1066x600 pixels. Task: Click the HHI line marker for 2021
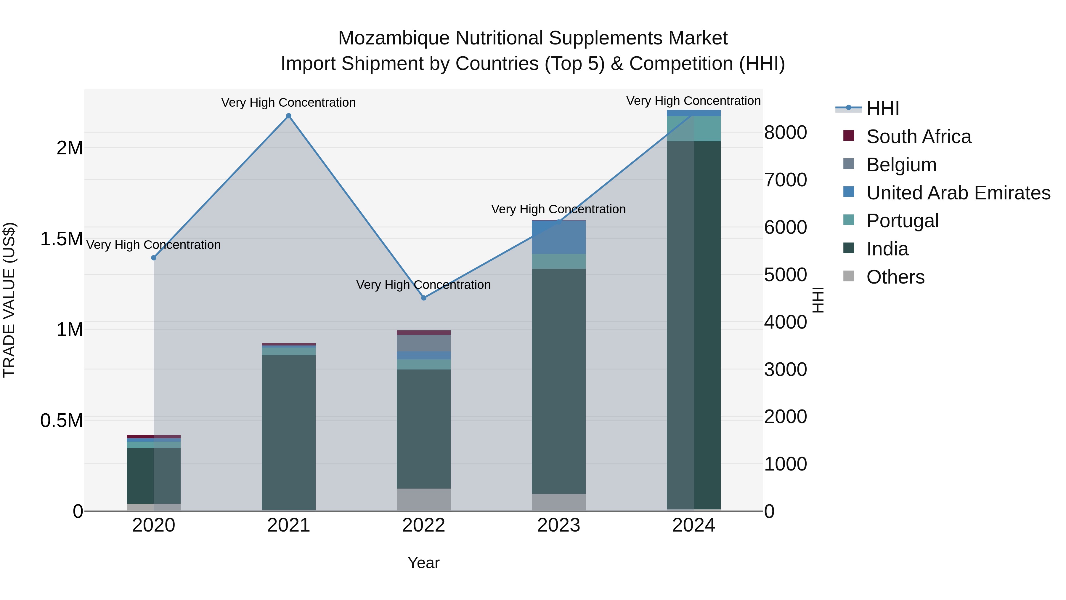pyautogui.click(x=288, y=116)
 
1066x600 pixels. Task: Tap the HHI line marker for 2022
pyautogui.click(x=423, y=298)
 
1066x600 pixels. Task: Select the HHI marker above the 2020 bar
pyautogui.click(x=153, y=257)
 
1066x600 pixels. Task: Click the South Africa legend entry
pyautogui.click(x=918, y=137)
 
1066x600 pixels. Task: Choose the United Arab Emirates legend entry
pyautogui.click(x=958, y=193)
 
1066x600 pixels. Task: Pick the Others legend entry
pyautogui.click(x=895, y=277)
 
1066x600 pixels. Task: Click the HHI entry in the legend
pyautogui.click(x=882, y=108)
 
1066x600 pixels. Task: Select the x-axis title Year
pyautogui.click(x=423, y=563)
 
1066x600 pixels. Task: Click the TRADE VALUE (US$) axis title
pyautogui.click(x=9, y=300)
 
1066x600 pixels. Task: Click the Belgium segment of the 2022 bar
pyautogui.click(x=423, y=343)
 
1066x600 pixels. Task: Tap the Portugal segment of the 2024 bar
pyautogui.click(x=693, y=128)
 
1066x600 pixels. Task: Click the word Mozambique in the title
pyautogui.click(x=394, y=38)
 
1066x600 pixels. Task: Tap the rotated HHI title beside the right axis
pyautogui.click(x=818, y=300)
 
